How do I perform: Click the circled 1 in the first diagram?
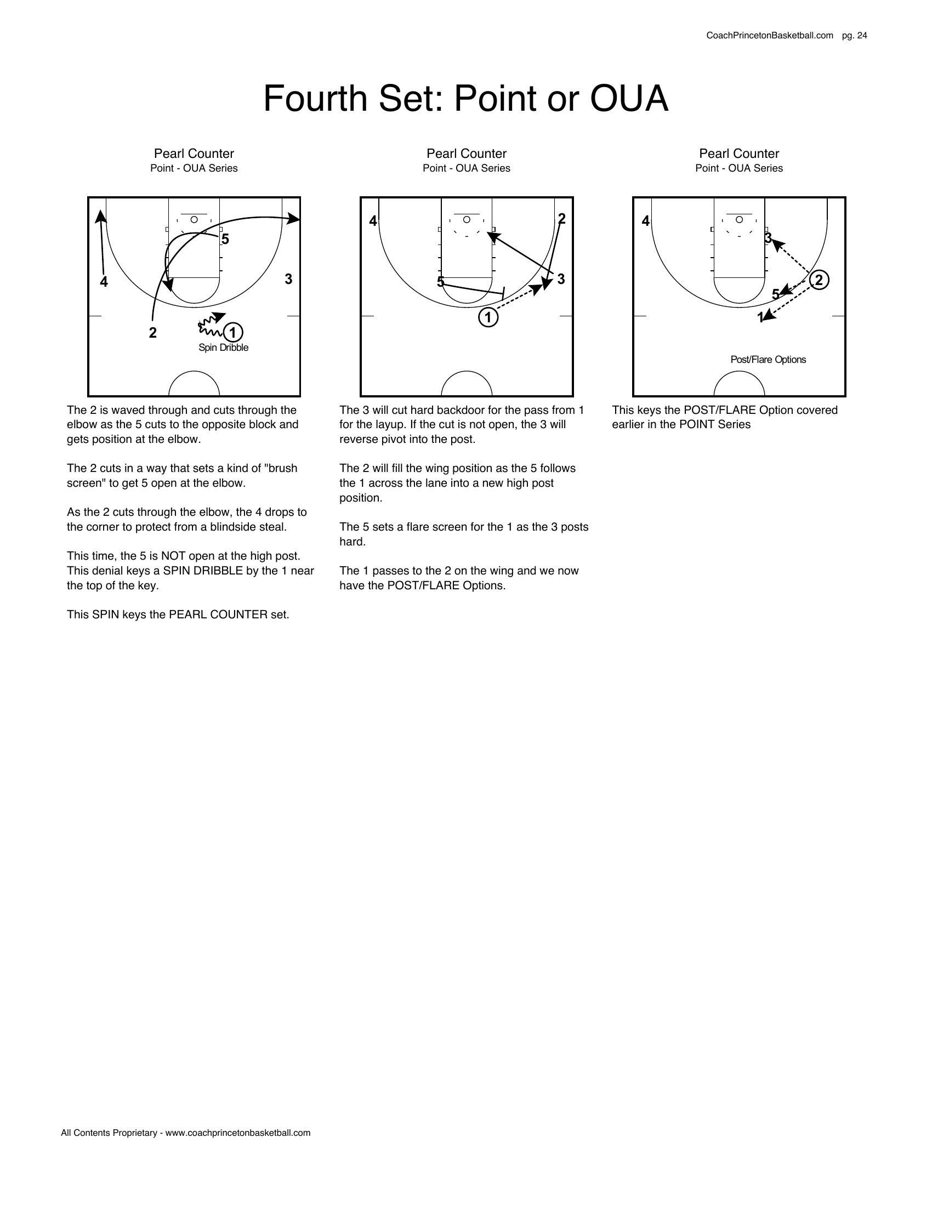[x=232, y=332]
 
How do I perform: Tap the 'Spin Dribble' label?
[x=223, y=348]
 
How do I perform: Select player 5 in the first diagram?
[x=225, y=239]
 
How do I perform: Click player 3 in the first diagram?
[x=288, y=279]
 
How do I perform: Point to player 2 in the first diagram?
[x=153, y=333]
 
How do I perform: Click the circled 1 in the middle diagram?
[x=488, y=317]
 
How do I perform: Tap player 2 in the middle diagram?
[x=561, y=219]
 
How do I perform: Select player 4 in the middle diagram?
[x=373, y=221]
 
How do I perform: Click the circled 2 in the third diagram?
[x=819, y=280]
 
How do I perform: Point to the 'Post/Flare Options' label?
[x=768, y=360]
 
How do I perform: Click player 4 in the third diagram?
[x=645, y=221]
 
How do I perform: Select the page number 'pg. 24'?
[x=854, y=35]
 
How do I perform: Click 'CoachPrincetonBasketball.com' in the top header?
[x=769, y=35]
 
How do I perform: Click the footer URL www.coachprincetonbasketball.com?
[x=238, y=1133]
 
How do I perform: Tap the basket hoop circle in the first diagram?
[x=194, y=219]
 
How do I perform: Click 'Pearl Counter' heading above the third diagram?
[x=739, y=153]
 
